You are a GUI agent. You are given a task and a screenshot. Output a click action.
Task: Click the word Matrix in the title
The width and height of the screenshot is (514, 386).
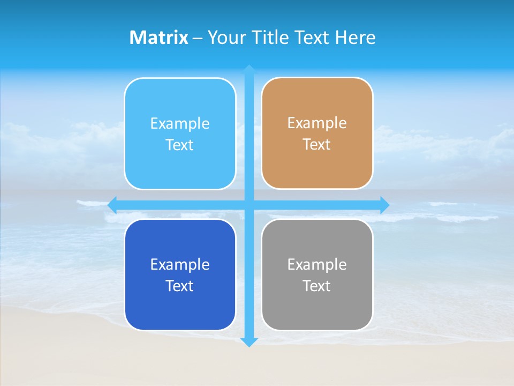[158, 38]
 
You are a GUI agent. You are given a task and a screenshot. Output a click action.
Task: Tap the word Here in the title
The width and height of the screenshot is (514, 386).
[355, 38]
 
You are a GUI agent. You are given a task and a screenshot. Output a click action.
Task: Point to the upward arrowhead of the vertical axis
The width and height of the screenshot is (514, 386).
[249, 69]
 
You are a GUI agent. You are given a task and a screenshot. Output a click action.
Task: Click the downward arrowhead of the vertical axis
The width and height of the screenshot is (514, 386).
[249, 342]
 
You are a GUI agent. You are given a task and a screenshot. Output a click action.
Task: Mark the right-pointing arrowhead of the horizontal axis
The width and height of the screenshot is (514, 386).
[384, 205]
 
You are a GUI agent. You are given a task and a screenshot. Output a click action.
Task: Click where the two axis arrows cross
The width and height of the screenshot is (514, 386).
[249, 205]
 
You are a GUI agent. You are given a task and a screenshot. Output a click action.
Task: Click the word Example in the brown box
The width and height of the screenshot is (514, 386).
[317, 123]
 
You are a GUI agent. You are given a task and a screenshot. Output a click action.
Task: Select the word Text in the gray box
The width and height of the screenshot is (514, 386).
[317, 286]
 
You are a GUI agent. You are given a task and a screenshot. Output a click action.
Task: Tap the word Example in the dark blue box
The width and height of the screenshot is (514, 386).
[180, 264]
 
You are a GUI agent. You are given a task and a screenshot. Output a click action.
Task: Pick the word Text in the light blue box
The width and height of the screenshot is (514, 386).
[180, 145]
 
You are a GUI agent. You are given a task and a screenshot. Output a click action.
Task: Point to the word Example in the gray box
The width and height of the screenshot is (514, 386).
[317, 264]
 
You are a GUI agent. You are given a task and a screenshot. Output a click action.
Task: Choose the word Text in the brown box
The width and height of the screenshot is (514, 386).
[317, 145]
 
